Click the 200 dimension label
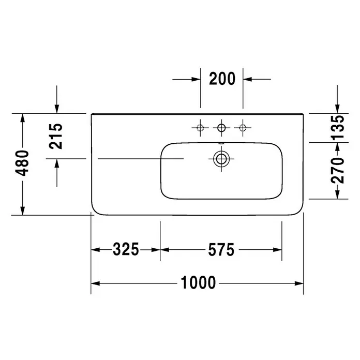point(222,79)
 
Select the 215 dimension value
point(56,136)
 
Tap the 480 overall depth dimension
point(22,163)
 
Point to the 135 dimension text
point(337,128)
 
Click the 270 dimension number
point(337,170)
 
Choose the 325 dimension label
point(126,249)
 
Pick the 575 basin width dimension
point(221,249)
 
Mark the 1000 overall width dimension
point(199,282)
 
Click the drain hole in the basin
point(221,159)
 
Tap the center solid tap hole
point(221,128)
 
